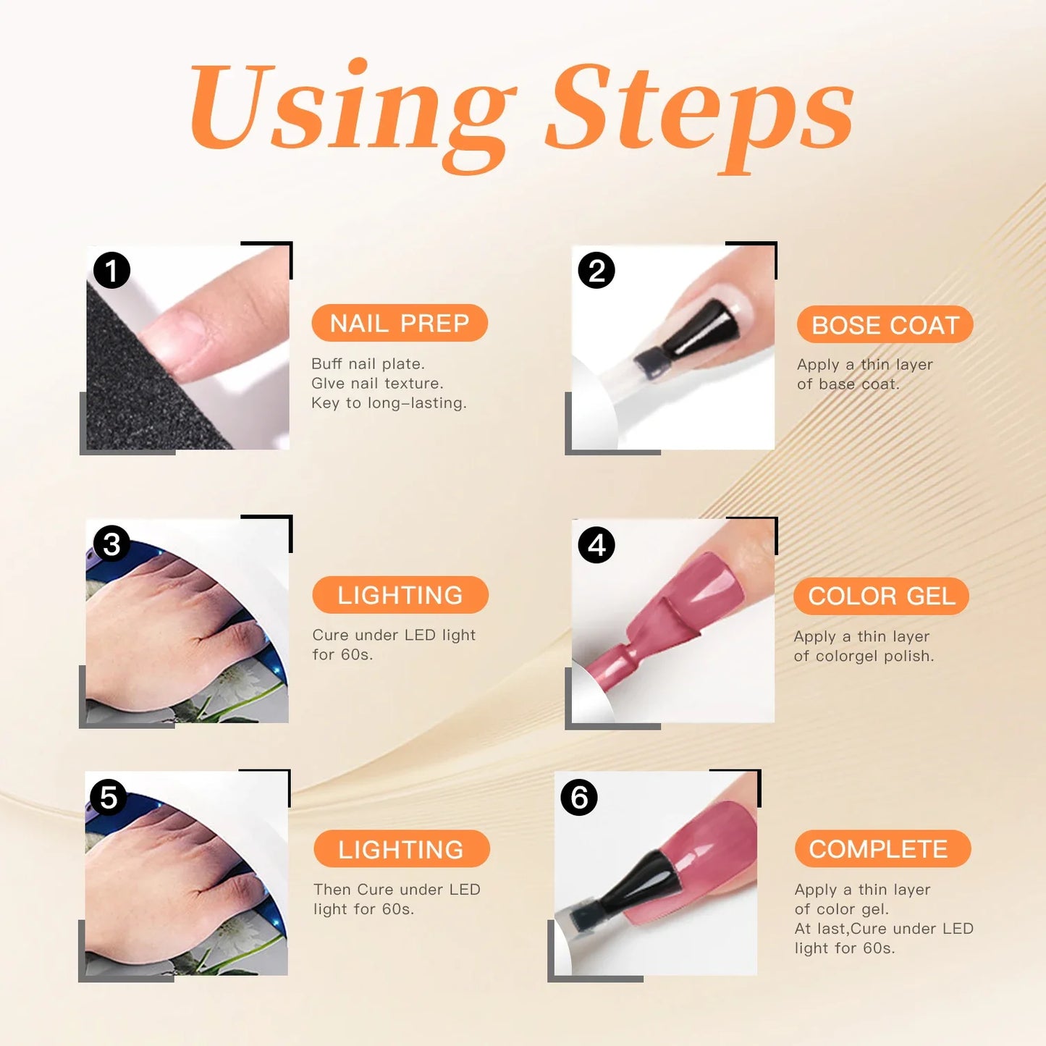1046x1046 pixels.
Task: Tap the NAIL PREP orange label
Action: coord(400,323)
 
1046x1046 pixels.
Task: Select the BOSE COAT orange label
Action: coord(885,325)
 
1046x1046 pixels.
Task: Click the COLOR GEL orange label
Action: coord(881,596)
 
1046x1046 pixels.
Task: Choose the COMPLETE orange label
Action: coord(882,848)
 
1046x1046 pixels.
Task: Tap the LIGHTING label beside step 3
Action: coord(400,595)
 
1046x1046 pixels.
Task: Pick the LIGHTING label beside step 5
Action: coord(401,848)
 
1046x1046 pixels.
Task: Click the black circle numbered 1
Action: coord(111,271)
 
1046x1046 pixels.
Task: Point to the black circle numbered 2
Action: coord(596,271)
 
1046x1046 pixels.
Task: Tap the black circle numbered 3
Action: coord(111,544)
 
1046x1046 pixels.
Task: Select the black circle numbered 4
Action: coord(596,545)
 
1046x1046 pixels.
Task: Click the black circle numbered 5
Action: coord(109,797)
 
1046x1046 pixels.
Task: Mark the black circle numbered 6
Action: coord(579,797)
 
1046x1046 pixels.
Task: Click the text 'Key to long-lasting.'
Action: coord(389,403)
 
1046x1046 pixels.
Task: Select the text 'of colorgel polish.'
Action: coord(864,656)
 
